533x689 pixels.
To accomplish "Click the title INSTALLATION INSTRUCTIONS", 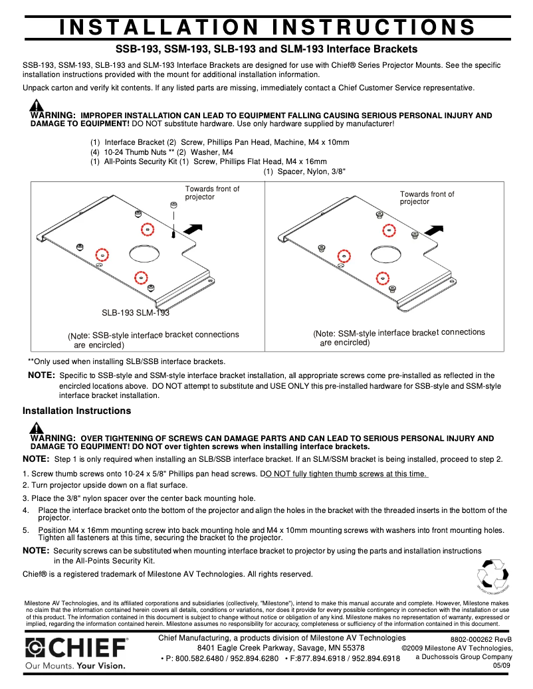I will (x=266, y=27).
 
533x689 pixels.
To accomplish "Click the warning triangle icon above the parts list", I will (x=37, y=106).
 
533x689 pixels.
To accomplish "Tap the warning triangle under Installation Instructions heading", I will (x=37, y=429).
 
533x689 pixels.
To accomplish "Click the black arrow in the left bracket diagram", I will (x=192, y=229).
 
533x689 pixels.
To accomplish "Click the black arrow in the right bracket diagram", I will (x=434, y=230).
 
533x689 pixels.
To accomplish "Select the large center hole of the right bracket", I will (x=386, y=254).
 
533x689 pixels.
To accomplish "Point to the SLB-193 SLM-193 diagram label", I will (x=135, y=312).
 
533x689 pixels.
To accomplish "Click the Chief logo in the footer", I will (x=76, y=648).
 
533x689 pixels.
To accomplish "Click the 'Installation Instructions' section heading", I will (x=76, y=411).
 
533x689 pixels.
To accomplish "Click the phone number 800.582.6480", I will (x=193, y=658).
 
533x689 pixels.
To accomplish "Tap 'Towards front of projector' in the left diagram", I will (x=212, y=193).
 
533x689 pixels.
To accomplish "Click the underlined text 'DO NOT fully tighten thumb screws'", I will (x=344, y=474).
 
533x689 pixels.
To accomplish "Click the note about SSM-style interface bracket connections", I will (x=399, y=337).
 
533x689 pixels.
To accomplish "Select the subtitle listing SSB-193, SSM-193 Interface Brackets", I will (x=266, y=49).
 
